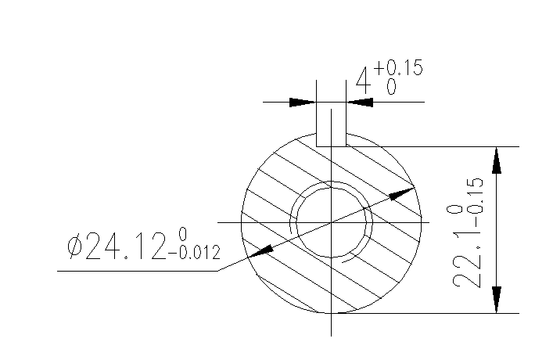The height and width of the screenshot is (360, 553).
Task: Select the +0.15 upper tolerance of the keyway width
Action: pyautogui.click(x=398, y=69)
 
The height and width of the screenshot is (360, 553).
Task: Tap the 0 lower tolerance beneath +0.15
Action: pyautogui.click(x=391, y=88)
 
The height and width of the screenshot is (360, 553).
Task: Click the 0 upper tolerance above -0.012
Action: pyautogui.click(x=182, y=234)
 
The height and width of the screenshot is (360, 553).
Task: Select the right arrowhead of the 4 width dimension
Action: pyautogui.click(x=360, y=102)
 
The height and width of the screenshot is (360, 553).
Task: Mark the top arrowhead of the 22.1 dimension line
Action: pyautogui.click(x=495, y=160)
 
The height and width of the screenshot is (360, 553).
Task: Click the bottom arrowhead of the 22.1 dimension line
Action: pyautogui.click(x=495, y=300)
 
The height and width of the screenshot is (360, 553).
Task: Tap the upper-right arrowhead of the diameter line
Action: pyautogui.click(x=402, y=192)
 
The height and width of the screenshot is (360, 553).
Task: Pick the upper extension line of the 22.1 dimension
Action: pyautogui.click(x=438, y=146)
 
